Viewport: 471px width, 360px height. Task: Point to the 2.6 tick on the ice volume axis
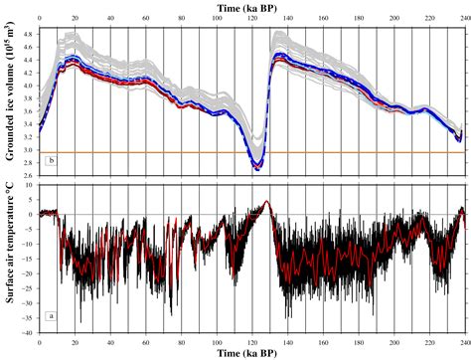(28, 176)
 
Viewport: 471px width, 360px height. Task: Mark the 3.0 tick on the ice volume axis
(28, 151)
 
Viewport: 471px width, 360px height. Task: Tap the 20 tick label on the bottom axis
(76, 340)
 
